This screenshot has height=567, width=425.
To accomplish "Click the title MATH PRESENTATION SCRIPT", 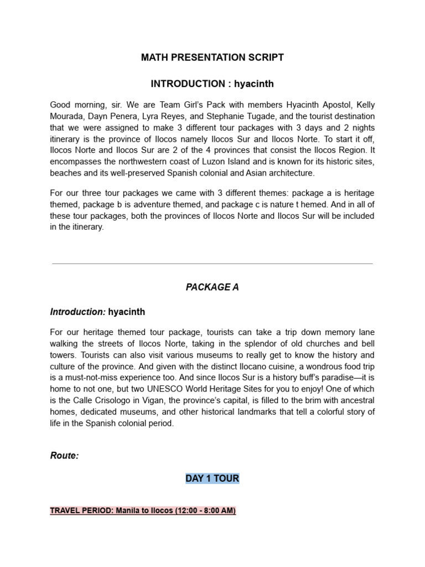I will click(x=212, y=58).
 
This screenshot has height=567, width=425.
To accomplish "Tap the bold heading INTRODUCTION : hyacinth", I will click(x=212, y=84).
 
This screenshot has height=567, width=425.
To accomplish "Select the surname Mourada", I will click(x=68, y=117).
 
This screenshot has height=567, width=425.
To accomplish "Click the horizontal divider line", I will click(x=212, y=264).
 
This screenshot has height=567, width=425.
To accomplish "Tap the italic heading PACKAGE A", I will click(x=212, y=288).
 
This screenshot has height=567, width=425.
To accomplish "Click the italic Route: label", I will click(x=65, y=456).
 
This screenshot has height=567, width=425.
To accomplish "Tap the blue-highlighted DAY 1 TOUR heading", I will click(x=212, y=478).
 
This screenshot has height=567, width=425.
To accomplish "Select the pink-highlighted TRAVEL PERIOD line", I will click(x=143, y=511).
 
